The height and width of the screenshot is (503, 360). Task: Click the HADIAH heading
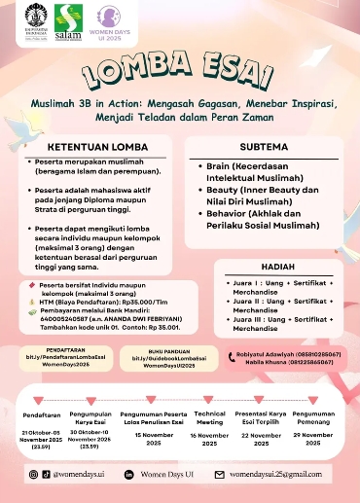pos(278,268)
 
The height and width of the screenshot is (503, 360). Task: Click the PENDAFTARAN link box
pos(60,356)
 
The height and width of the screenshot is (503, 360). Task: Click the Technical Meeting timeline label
pos(209,417)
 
